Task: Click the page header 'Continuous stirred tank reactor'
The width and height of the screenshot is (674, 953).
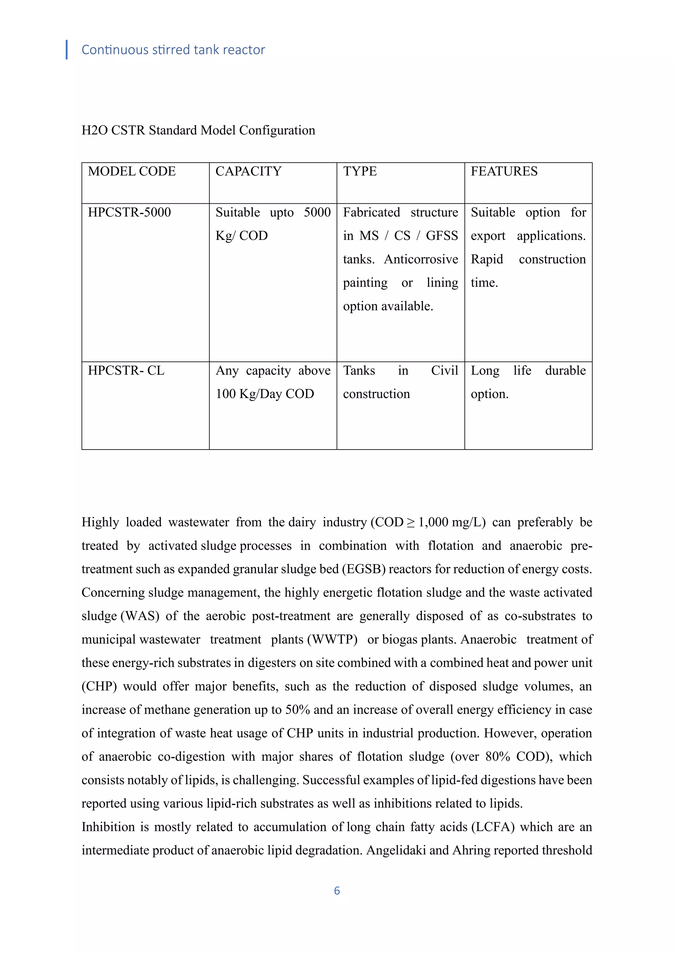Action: pos(173,50)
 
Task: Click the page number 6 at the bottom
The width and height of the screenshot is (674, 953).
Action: pos(337,890)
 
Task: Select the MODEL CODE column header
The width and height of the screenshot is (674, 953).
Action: pos(132,171)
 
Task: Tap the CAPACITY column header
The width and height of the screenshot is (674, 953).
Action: pos(248,171)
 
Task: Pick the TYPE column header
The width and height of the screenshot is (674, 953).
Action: pos(360,171)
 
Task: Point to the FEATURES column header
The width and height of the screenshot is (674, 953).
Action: pos(504,171)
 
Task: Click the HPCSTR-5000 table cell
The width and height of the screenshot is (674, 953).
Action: pos(129,213)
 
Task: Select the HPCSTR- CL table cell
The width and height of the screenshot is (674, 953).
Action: pos(126,370)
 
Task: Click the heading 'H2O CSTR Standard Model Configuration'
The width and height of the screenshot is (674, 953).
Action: pos(198,130)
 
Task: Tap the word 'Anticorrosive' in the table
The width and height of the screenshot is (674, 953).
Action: pos(421,259)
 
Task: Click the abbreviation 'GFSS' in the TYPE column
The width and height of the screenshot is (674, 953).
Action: pos(442,236)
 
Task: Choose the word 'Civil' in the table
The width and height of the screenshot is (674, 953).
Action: pos(444,370)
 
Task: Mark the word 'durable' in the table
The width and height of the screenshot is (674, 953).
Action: pos(565,370)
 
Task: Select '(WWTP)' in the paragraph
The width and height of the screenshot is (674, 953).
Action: pos(332,639)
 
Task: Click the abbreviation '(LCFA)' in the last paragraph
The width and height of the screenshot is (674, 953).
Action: pos(493,827)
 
